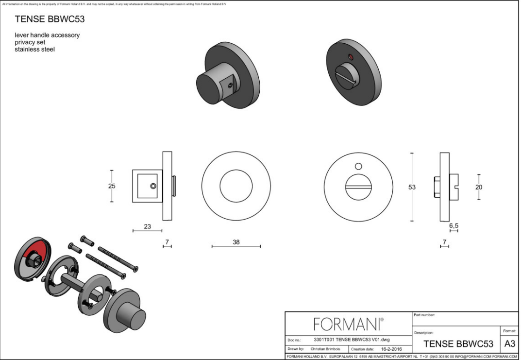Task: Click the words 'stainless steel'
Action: coord(34,49)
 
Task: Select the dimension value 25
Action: coord(112,186)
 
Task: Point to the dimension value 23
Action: coord(147,226)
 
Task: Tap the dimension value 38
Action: coord(236,241)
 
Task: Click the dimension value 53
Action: coord(412,187)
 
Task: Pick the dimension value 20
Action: coord(479,187)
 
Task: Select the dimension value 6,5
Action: coord(454,225)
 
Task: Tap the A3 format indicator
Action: coord(509,343)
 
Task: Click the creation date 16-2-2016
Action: coord(390,349)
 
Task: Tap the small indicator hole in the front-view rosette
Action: coord(358,165)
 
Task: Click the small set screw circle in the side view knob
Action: coord(153,186)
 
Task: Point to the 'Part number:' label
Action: coord(424,315)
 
